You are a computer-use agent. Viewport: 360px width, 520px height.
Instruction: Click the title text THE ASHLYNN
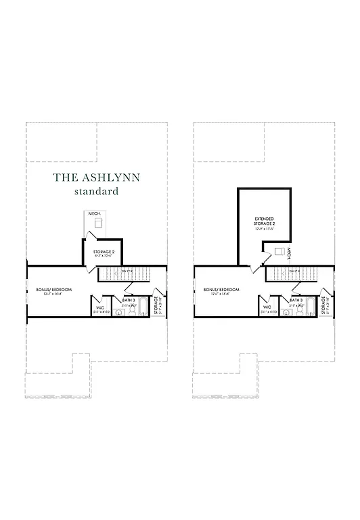[x=96, y=178]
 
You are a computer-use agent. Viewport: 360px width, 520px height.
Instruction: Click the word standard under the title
[x=96, y=192]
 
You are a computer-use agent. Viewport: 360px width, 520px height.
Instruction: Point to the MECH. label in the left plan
[x=94, y=214]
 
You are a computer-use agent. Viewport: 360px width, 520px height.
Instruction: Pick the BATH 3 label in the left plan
[x=129, y=299]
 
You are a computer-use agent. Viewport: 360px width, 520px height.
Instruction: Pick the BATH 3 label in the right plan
[x=296, y=299]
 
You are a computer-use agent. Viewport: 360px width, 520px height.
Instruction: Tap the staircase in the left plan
[x=123, y=274]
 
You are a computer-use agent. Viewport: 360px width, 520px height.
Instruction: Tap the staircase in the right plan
[x=291, y=274]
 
